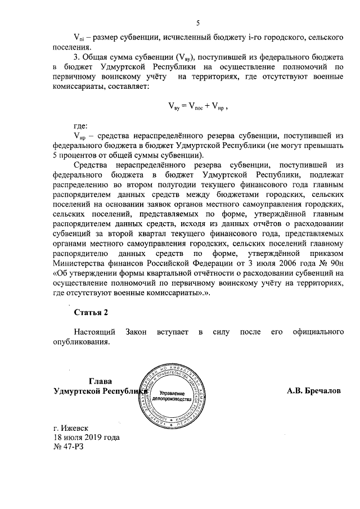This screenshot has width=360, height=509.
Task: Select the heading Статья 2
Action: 90,312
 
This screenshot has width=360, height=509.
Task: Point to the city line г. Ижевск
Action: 71,428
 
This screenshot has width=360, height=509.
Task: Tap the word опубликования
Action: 82,341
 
